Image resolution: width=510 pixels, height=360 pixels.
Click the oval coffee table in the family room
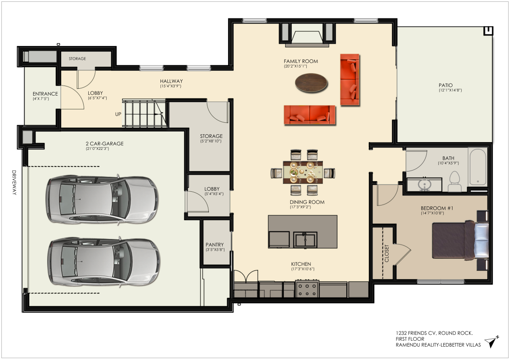pos(311,83)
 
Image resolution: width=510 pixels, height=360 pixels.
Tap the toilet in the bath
pos(455,182)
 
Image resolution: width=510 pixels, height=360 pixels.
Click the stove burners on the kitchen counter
pos(307,289)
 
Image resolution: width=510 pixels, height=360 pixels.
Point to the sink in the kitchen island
pos(305,240)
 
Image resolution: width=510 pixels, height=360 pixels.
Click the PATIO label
pos(446,85)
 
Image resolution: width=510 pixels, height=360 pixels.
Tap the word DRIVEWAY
pos(14,183)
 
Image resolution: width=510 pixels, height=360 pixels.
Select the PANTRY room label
pos(215,245)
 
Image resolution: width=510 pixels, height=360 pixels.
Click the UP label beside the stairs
pos(118,114)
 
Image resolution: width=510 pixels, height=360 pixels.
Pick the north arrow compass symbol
pos(492,342)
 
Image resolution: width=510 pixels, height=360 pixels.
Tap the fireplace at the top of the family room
pos(307,34)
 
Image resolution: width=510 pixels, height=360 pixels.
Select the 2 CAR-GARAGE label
pos(104,143)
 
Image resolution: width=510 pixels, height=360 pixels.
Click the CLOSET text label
pos(387,253)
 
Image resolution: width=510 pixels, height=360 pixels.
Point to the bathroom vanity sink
pos(424,185)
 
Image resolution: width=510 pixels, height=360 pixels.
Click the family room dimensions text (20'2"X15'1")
pos(295,66)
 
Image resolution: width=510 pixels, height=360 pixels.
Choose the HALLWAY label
pos(172,81)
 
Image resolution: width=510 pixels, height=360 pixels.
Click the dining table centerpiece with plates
pos(303,171)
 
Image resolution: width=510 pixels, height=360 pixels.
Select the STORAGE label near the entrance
pos(77,58)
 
